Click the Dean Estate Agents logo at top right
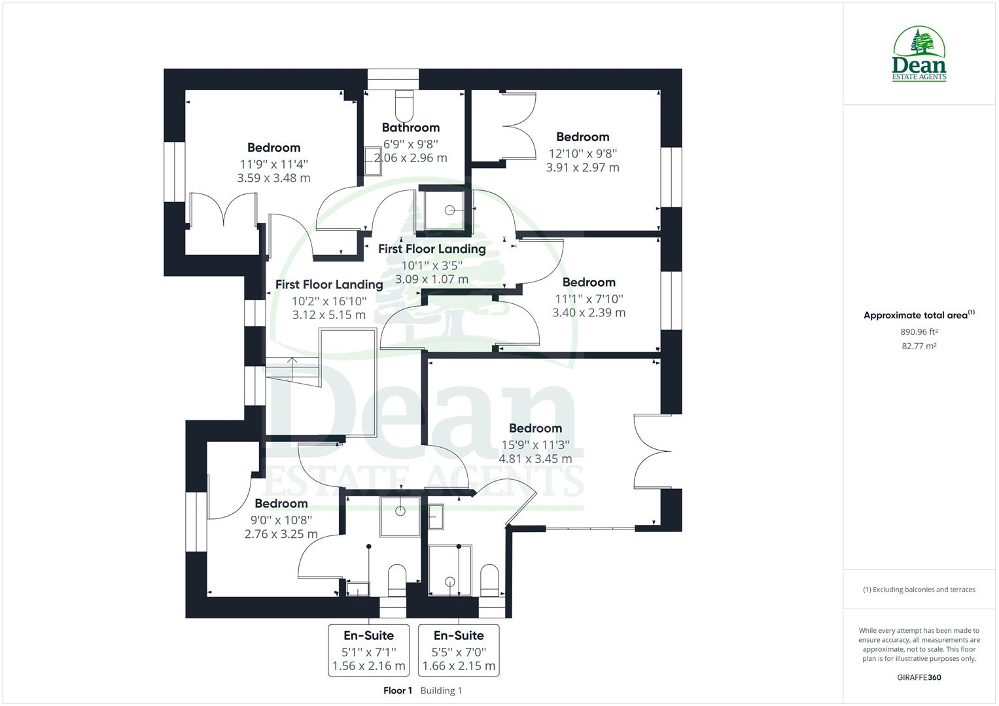(x=919, y=54)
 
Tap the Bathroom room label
(x=410, y=127)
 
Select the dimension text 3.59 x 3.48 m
(x=273, y=178)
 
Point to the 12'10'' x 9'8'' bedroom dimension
(x=582, y=154)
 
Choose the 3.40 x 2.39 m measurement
(x=589, y=312)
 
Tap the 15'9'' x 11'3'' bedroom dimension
(x=535, y=445)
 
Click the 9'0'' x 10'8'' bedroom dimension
(x=281, y=520)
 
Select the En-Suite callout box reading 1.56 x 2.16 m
(x=369, y=650)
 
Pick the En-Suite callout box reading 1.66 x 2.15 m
(x=459, y=650)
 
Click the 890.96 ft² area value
(x=919, y=331)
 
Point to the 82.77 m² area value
(x=919, y=346)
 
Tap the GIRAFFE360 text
(x=919, y=677)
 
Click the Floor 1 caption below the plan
(x=398, y=690)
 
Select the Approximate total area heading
(x=919, y=315)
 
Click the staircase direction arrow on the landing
(x=291, y=360)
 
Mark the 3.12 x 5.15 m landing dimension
(x=329, y=315)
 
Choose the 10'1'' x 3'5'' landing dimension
(x=432, y=265)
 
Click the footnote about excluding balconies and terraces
(x=919, y=590)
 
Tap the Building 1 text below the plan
(x=441, y=690)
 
